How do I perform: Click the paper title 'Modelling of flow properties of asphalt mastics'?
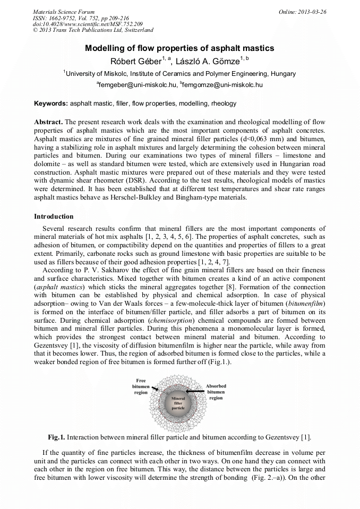pos(179,48)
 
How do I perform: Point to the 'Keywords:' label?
pos(51,103)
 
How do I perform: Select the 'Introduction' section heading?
pos(54,217)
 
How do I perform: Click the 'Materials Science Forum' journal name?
pos(64,11)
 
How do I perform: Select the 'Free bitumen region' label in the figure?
pos(141,387)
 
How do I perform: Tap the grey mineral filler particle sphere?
pos(178,406)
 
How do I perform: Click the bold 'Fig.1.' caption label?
pos(56,437)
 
